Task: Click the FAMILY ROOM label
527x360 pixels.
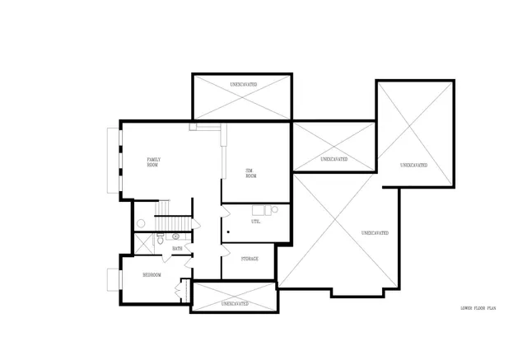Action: point(153,161)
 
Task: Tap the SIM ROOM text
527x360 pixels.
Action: point(251,173)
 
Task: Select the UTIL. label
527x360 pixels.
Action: point(256,222)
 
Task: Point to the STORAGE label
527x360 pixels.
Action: point(250,259)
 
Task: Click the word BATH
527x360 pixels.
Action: point(177,248)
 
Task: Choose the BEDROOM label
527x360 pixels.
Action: point(152,274)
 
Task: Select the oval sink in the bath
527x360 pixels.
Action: point(176,236)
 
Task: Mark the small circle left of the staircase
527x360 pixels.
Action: point(141,222)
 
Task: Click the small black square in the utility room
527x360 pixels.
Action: point(227,234)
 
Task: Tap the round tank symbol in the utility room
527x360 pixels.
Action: point(274,210)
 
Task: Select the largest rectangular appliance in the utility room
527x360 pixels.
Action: point(260,209)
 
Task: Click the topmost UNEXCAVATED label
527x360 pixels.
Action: point(241,84)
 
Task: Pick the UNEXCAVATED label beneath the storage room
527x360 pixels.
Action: point(234,304)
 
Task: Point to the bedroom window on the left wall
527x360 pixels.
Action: point(113,279)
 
